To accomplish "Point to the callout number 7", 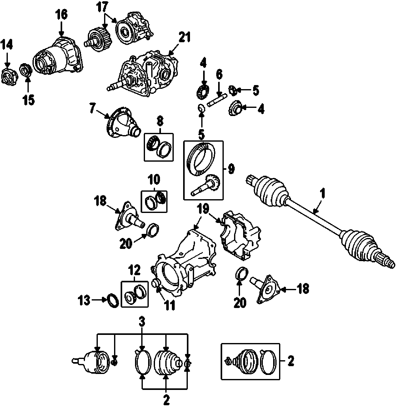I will (92, 108).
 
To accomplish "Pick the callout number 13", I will (84, 300).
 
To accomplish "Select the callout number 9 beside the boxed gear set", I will (231, 169).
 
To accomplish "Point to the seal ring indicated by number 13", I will (113, 300).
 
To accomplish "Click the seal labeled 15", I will (26, 70).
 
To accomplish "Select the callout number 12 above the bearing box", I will (135, 270).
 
